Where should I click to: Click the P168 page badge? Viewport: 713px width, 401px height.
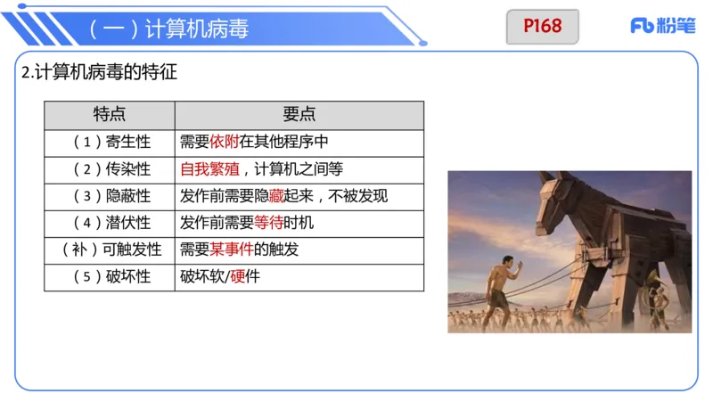click(543, 26)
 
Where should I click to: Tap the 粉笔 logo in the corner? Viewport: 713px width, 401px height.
click(663, 26)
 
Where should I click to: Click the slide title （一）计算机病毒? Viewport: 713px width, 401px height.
click(168, 29)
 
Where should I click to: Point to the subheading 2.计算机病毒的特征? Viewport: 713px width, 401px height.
click(99, 73)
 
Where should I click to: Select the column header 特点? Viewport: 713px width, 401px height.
click(110, 115)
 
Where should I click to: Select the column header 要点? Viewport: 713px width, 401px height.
click(299, 115)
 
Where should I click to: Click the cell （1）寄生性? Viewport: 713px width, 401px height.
click(110, 142)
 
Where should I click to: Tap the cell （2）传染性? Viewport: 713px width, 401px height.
click(110, 169)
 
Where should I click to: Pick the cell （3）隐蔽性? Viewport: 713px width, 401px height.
click(110, 196)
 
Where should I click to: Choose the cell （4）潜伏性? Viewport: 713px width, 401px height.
click(110, 223)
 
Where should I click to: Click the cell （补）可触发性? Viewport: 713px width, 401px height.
click(110, 250)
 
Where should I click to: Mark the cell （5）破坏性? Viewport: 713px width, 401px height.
click(110, 277)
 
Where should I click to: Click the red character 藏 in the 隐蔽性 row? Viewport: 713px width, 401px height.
click(276, 196)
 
